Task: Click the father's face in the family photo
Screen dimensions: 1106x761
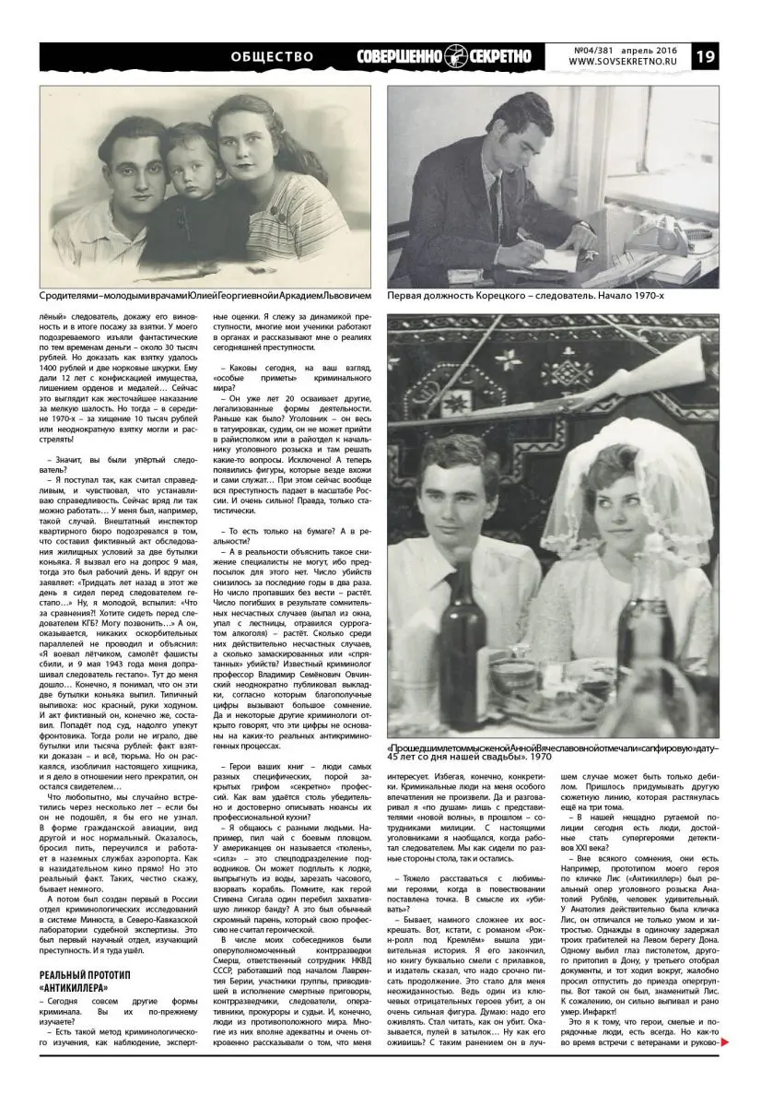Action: (127, 172)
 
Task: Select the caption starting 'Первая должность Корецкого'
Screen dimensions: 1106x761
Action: (525, 297)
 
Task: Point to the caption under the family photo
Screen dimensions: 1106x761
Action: (205, 297)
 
